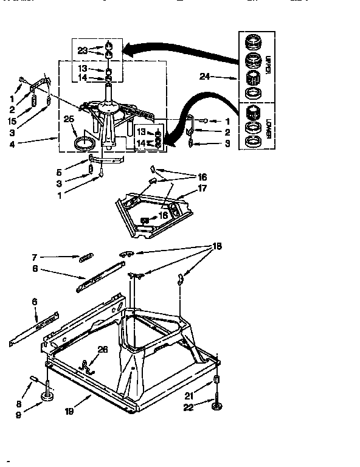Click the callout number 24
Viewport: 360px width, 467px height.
coord(205,77)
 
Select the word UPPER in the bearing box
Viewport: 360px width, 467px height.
coord(268,64)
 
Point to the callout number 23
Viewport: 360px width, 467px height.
coord(83,50)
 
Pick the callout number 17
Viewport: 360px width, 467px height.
coord(202,189)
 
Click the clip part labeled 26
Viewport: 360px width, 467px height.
coord(90,365)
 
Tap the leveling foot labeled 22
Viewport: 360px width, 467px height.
coord(216,404)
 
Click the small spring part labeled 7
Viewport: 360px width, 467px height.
coord(86,257)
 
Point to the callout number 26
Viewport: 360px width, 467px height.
coord(102,349)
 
